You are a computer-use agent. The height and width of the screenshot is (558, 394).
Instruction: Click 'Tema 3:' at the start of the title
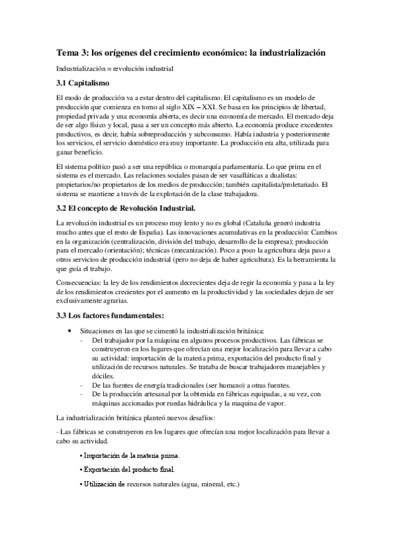tap(72, 51)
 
